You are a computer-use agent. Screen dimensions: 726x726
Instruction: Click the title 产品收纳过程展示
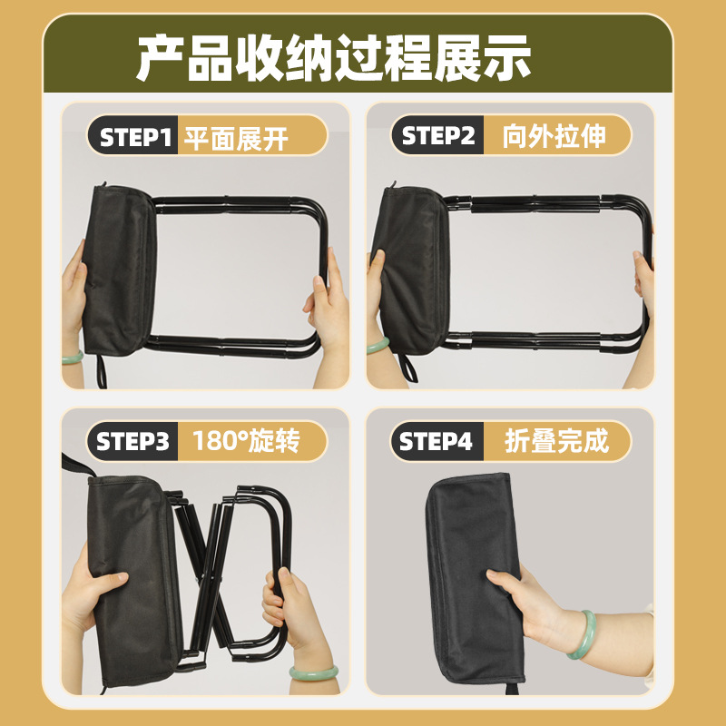point(333,60)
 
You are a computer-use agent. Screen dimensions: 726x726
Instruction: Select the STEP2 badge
point(438,137)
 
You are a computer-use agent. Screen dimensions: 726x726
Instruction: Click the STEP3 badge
point(132,443)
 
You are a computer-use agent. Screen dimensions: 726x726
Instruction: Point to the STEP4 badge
point(437,443)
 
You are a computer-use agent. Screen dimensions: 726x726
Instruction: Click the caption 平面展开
point(236,138)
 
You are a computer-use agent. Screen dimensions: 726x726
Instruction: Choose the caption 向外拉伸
point(554,137)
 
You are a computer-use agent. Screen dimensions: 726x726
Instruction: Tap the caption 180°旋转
point(246,443)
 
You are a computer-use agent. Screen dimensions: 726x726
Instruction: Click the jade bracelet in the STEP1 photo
point(73,357)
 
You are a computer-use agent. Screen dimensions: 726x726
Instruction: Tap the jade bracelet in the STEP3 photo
point(313,672)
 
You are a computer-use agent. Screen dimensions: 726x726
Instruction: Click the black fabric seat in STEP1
point(118,263)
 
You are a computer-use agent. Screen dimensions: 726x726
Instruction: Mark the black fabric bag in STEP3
point(127,581)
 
